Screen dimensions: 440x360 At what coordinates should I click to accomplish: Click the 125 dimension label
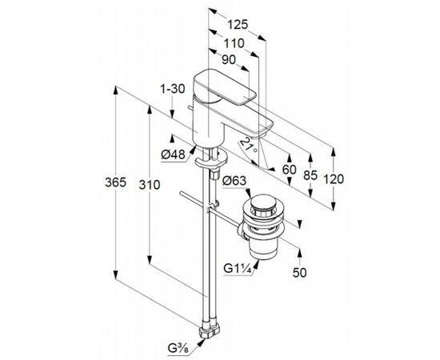click(238, 25)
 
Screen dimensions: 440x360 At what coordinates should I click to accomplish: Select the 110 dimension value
click(234, 43)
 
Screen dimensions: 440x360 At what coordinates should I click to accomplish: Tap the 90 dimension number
click(229, 60)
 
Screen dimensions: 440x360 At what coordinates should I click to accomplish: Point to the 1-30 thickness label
click(173, 89)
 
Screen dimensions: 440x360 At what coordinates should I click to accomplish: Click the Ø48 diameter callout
click(174, 154)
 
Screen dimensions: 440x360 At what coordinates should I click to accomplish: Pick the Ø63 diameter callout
click(234, 181)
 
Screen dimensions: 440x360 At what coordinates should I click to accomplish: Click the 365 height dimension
click(116, 182)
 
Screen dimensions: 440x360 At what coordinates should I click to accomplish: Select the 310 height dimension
click(150, 185)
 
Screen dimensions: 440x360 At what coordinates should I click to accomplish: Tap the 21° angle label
click(249, 146)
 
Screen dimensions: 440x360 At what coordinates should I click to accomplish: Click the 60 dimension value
click(290, 170)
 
